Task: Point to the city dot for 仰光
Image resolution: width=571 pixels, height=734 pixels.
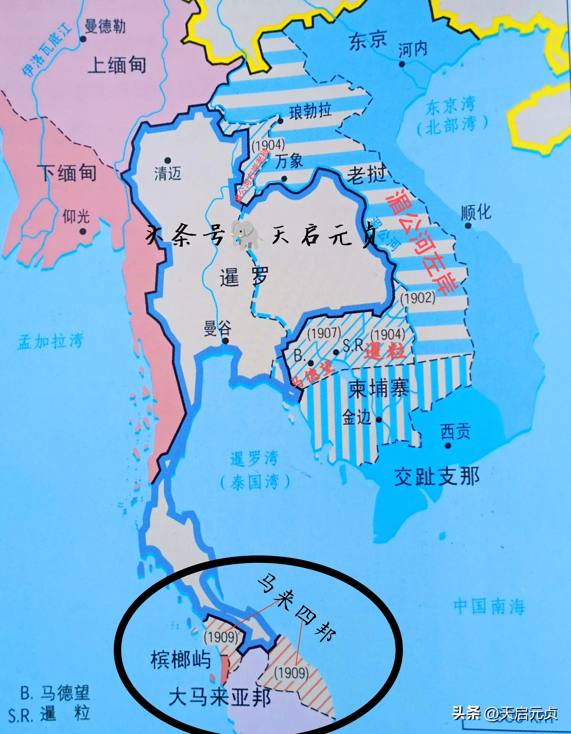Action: [x=83, y=231]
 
